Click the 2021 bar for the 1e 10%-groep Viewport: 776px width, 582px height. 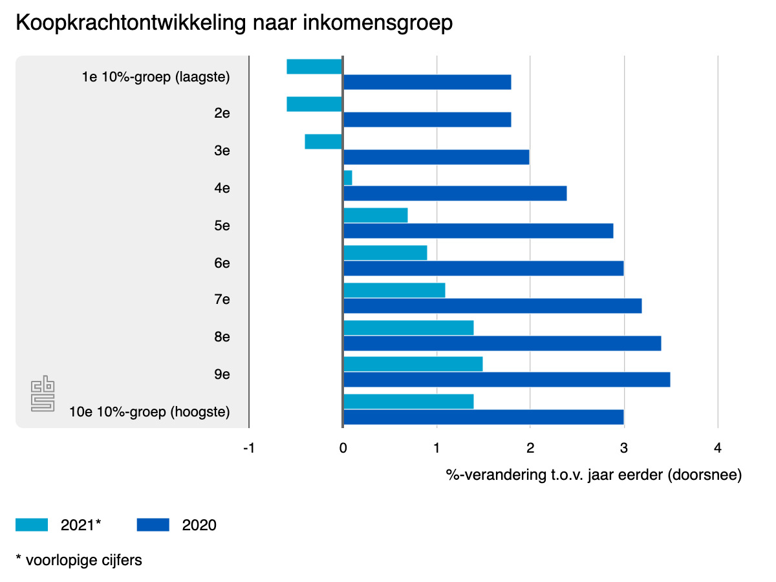point(314,67)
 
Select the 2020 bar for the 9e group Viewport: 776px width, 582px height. point(506,380)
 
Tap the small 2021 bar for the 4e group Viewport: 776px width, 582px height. point(348,178)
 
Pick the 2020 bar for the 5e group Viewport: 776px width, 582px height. point(478,231)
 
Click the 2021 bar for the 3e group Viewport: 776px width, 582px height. point(323,142)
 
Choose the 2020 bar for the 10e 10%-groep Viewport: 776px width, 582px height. point(483,417)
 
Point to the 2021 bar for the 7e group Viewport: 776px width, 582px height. point(394,290)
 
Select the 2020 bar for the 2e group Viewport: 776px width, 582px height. point(427,120)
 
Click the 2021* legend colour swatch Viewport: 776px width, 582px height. point(32,525)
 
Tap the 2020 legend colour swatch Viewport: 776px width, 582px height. point(153,525)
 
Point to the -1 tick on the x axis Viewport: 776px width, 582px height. point(249,448)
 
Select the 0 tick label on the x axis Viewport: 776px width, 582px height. point(343,448)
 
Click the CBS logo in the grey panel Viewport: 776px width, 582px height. point(43,395)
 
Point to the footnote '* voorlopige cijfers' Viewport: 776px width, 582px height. point(79,560)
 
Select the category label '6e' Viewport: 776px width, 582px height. point(222,263)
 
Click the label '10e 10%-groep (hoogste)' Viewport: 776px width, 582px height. point(150,412)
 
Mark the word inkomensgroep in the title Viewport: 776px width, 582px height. point(382,23)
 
